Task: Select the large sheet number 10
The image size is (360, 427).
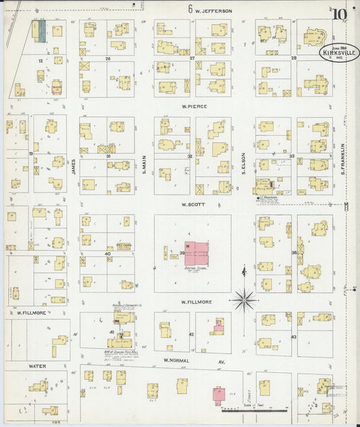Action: point(340,14)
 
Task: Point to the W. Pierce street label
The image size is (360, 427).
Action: point(193,107)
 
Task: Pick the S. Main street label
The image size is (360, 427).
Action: point(145,165)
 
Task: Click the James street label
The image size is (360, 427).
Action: point(73,166)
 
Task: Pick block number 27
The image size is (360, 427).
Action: point(192,59)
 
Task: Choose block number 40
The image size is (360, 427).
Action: point(107,254)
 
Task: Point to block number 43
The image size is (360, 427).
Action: point(294,336)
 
